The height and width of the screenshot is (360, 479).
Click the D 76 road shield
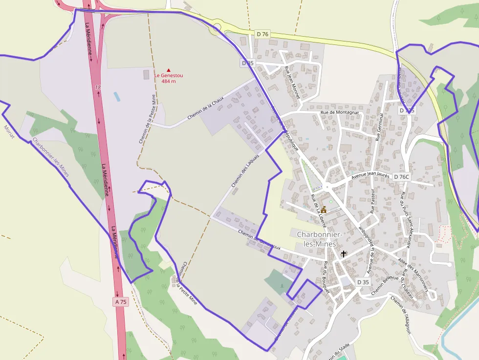tap(262, 34)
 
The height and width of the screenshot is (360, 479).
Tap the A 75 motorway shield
tap(121, 301)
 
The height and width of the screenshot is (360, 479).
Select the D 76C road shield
tap(401, 176)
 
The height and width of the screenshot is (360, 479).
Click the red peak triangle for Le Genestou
tap(169, 70)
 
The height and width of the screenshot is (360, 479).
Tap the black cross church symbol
tap(344, 254)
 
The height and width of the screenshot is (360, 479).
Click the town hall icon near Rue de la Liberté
tap(324, 209)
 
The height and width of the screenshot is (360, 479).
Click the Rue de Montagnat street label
tap(340, 112)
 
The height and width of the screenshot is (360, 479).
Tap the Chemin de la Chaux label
tap(205, 108)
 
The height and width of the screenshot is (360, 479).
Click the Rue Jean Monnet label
tap(292, 83)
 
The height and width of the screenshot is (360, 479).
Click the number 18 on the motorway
tap(98, 87)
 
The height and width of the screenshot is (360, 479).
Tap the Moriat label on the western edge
tap(9, 131)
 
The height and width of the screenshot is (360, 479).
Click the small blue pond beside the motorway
tap(117, 96)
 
